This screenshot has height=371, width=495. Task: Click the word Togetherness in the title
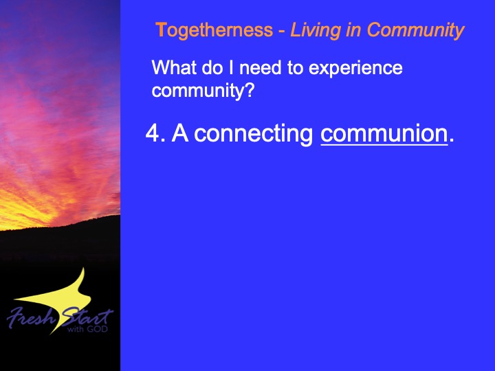[x=214, y=31]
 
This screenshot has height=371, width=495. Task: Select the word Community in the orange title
[x=415, y=31]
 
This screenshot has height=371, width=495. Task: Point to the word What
[x=174, y=67]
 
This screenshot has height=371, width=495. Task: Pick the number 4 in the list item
[x=153, y=133]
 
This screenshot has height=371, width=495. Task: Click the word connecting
[x=253, y=135]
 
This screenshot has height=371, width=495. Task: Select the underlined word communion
[x=384, y=134]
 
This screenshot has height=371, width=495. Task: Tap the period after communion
[x=452, y=140]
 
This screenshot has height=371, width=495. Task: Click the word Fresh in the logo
[x=31, y=317]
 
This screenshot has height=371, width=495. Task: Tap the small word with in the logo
[x=76, y=329]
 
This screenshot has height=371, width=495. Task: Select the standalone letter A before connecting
[x=180, y=133]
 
